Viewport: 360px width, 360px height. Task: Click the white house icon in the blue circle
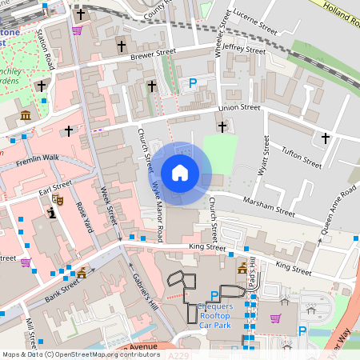pos(180,172)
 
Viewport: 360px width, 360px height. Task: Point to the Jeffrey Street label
pos(244,50)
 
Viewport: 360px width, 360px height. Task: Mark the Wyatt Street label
pos(261,157)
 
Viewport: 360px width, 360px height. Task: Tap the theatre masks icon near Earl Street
pos(57,198)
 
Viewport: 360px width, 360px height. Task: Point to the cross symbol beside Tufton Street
pos(325,138)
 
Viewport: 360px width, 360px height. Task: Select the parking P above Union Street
pos(192,82)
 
